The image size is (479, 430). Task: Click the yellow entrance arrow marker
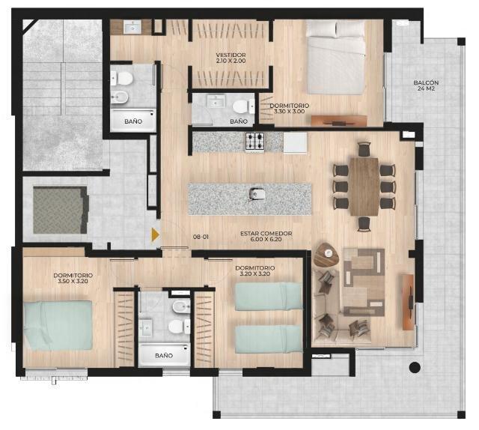[x=156, y=234]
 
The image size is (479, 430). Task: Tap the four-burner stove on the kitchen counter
[x=254, y=142]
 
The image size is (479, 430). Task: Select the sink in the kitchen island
[x=254, y=194]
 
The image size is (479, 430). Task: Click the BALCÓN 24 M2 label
[x=426, y=85]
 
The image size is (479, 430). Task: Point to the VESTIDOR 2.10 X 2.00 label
[x=231, y=58]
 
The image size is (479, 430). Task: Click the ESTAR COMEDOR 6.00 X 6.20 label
[x=266, y=236]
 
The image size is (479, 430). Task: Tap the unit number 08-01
[x=201, y=237]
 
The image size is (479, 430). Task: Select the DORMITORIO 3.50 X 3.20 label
[x=73, y=278]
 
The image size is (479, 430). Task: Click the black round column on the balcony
[x=415, y=367]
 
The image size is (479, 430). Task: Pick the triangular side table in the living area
[x=326, y=255]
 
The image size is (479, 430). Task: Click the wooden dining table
[x=364, y=187]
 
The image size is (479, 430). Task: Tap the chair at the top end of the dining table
[x=364, y=149]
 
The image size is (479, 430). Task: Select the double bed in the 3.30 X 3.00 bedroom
[x=336, y=57]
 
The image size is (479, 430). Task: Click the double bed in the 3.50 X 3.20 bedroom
[x=58, y=325]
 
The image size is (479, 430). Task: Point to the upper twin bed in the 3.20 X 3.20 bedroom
[x=269, y=297]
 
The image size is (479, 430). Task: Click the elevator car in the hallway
[x=61, y=210]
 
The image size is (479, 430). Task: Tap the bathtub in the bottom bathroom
[x=165, y=354]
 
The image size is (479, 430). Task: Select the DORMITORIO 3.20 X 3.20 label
[x=255, y=270]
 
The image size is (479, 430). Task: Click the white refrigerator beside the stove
[x=295, y=142]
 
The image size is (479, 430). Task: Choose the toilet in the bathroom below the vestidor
[x=243, y=106]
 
